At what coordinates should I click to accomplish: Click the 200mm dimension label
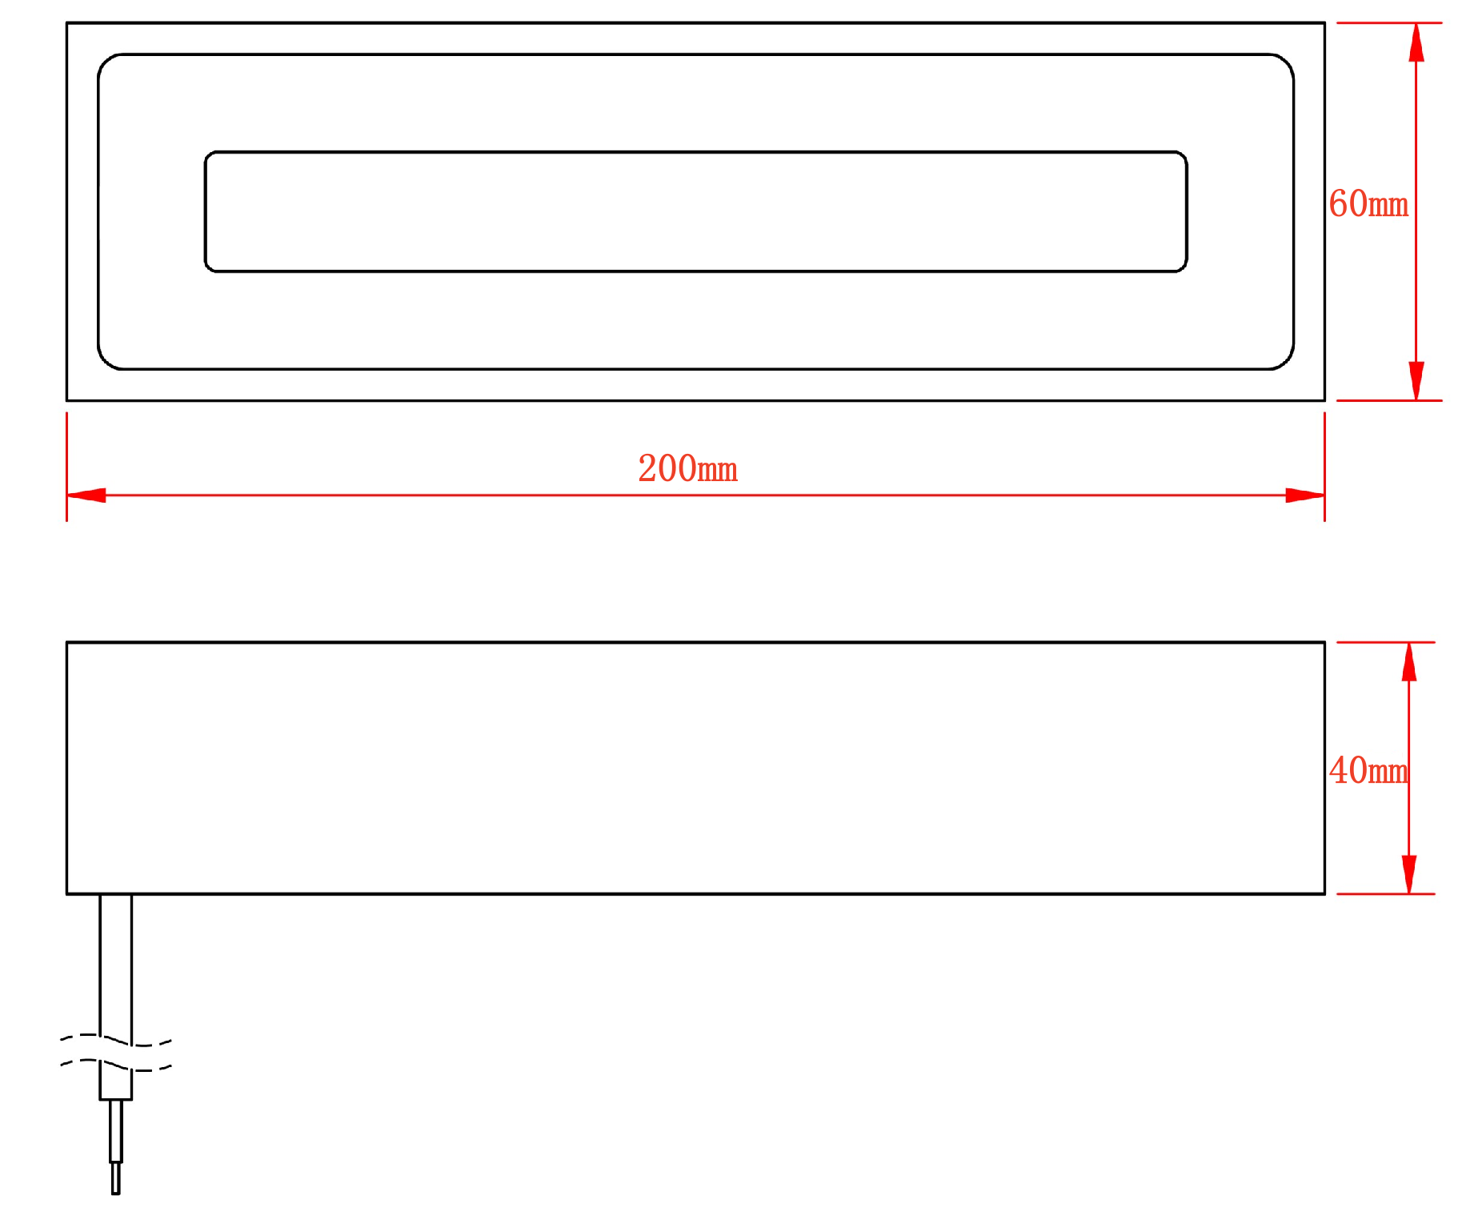687,469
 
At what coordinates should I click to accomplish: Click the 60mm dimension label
1368,203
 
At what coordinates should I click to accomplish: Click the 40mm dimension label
1368,770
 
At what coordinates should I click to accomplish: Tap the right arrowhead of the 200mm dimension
1305,496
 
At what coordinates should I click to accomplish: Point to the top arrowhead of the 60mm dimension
1416,42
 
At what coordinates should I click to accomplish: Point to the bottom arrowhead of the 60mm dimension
1416,381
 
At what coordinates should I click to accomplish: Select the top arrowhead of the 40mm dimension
1409,662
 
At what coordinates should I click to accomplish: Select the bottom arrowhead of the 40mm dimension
1409,874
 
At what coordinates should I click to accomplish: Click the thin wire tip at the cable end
116,1178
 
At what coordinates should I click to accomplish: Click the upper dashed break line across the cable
116,1040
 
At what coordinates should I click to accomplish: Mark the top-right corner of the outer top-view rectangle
1324,23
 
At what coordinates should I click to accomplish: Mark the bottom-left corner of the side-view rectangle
67,893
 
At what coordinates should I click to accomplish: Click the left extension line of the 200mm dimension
66,467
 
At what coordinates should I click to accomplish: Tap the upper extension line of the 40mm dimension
1386,642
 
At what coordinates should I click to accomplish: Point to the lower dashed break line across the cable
116,1065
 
